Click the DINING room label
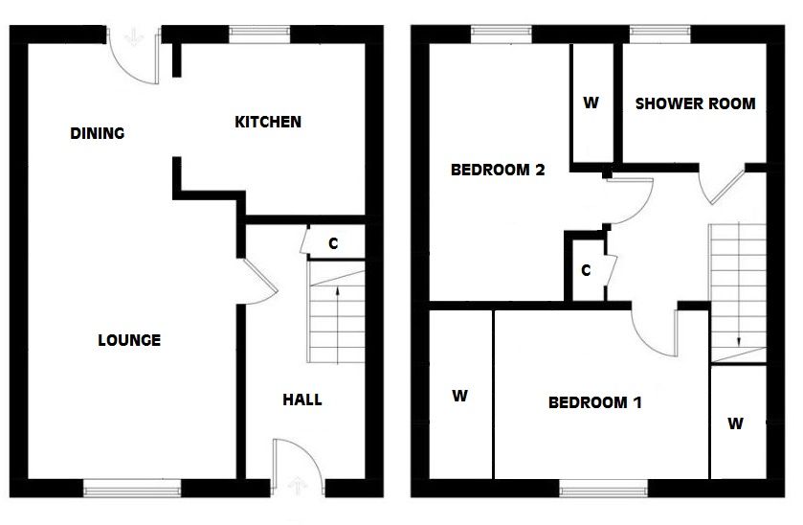tap(98, 133)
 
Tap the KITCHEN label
tap(268, 122)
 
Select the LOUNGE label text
tap(129, 340)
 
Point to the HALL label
tap(301, 399)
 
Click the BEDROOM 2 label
tap(498, 171)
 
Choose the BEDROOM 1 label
tap(594, 402)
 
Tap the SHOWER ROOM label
tap(695, 103)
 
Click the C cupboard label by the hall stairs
tap(333, 243)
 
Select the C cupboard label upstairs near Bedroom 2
tap(586, 270)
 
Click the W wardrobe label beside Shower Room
tap(591, 103)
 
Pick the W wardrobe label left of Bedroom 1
tap(459, 396)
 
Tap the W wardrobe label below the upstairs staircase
tap(735, 422)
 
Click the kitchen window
tap(259, 34)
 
